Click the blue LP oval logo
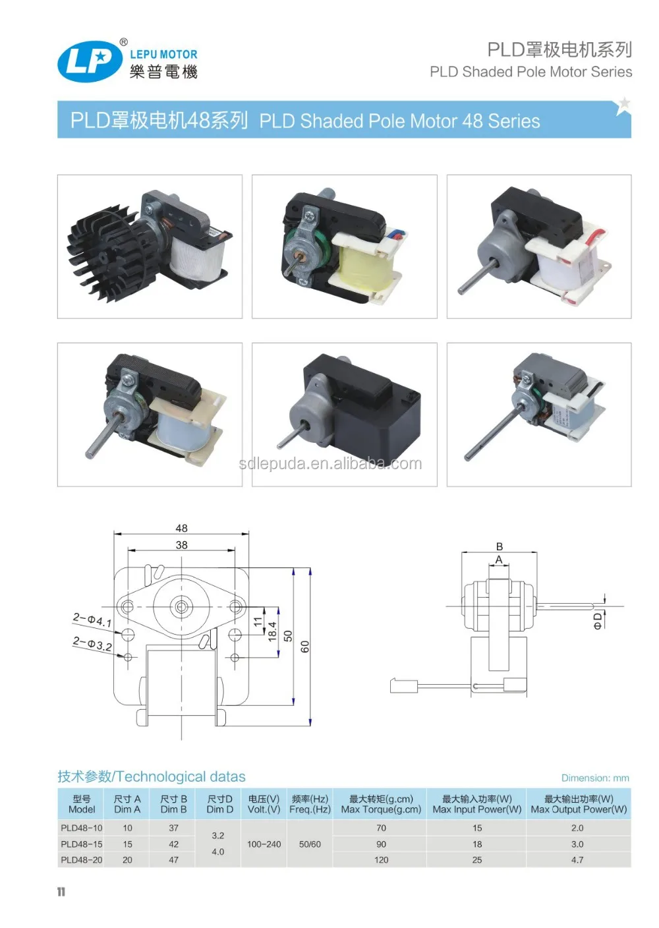click(90, 62)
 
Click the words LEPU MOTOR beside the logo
click(163, 55)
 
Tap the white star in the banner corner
click(623, 104)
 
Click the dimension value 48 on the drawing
click(181, 528)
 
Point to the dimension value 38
click(181, 545)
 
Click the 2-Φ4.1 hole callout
click(92, 620)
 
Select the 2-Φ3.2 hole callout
click(92, 643)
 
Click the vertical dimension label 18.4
click(272, 631)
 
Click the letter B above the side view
click(500, 546)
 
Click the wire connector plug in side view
click(400, 686)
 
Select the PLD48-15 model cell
click(82, 844)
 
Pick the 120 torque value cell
click(381, 860)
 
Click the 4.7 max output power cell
click(577, 860)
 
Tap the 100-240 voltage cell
click(264, 844)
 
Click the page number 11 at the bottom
click(61, 892)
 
